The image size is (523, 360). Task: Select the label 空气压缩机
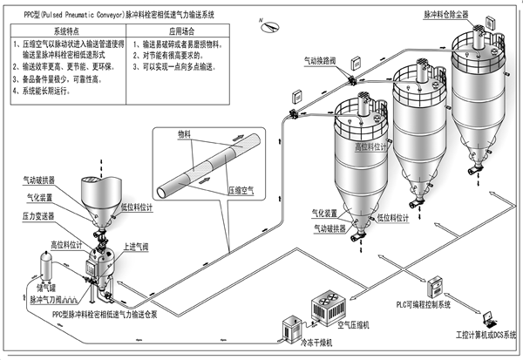pyautogui.click(x=355, y=326)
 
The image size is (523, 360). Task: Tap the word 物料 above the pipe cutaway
pyautogui.click(x=183, y=135)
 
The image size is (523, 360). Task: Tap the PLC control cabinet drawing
pyautogui.click(x=435, y=284)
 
